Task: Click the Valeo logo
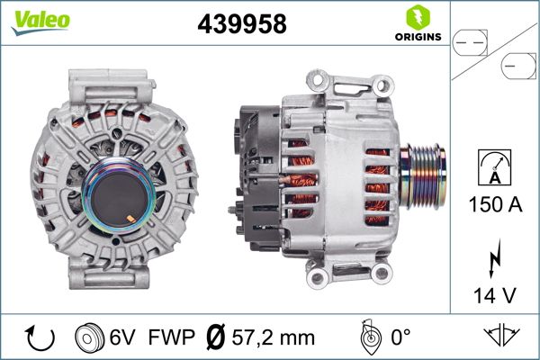[40, 20]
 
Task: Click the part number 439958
[241, 23]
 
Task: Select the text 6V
[123, 338]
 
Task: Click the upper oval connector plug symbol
[469, 39]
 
